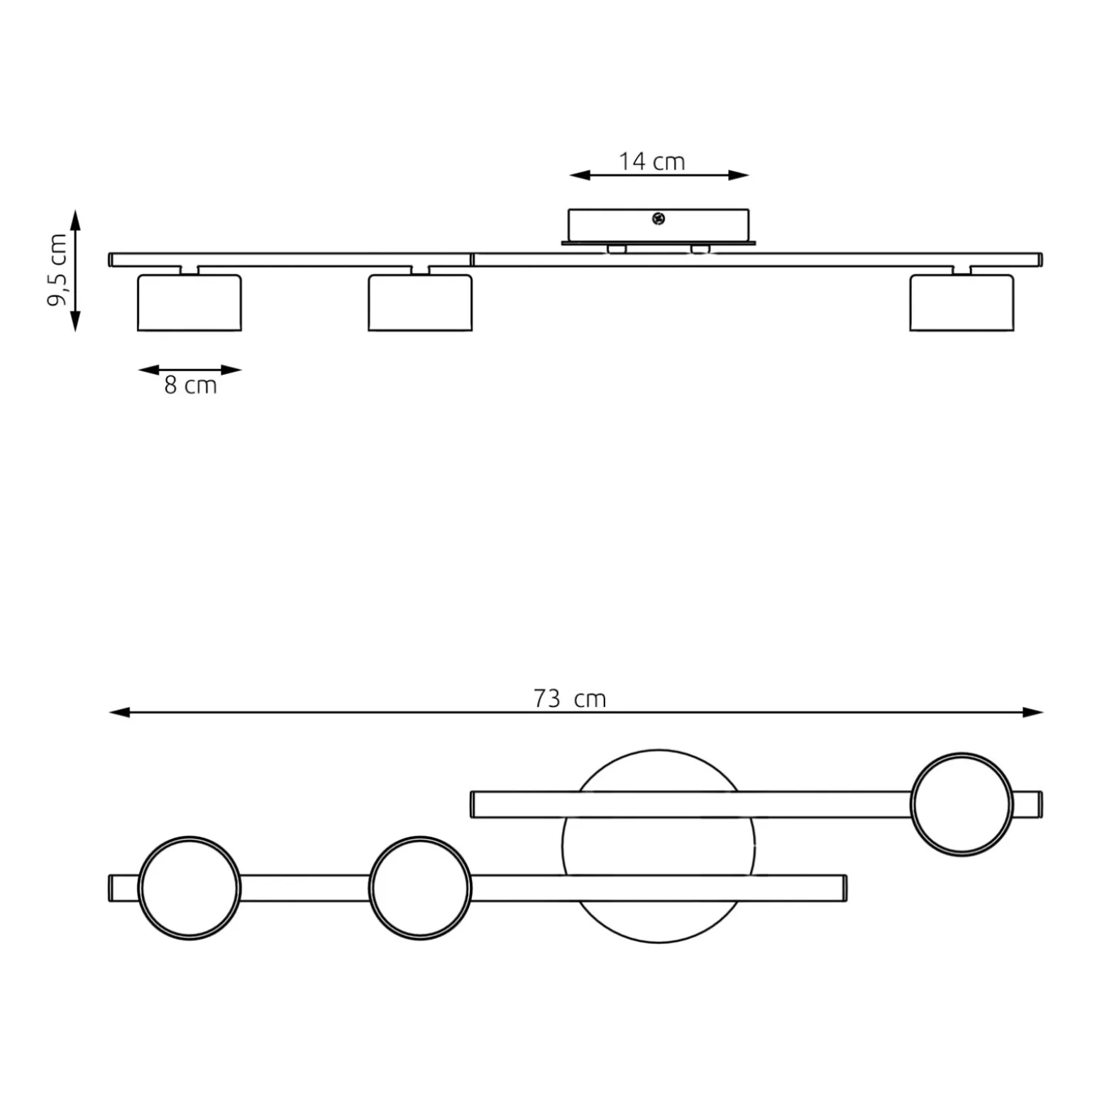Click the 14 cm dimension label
[651, 162]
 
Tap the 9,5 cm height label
[57, 270]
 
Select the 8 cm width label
[190, 385]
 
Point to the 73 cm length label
[570, 698]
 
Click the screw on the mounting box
[658, 219]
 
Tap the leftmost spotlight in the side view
[189, 302]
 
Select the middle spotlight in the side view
[420, 302]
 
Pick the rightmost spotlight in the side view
[962, 302]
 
